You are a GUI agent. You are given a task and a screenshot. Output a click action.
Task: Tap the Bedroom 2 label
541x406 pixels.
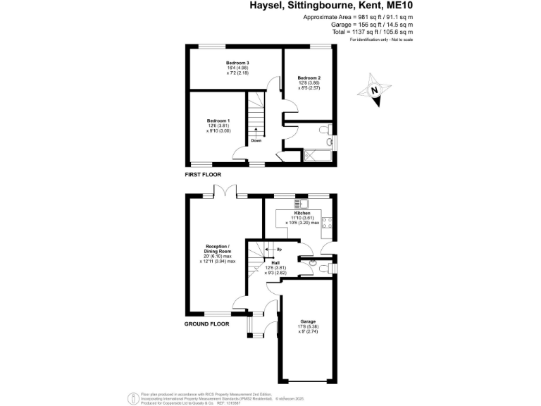tap(309, 78)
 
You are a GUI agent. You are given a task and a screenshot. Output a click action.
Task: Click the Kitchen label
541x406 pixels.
tap(302, 212)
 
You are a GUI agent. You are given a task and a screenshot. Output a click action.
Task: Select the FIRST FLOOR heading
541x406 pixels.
tap(203, 174)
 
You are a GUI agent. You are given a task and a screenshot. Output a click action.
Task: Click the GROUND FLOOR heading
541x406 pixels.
tap(207, 324)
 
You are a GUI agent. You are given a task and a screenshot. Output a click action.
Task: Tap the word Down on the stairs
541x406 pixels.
tap(256, 140)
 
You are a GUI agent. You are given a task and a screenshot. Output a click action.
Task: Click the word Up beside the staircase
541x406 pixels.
tap(280, 250)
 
